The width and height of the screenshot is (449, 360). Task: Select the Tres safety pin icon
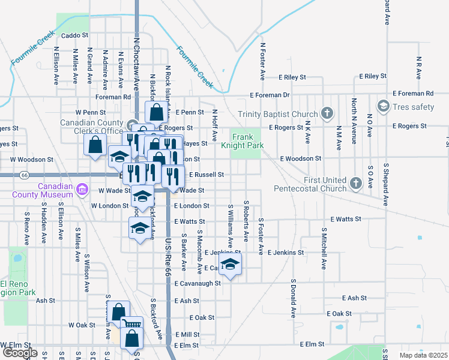(382, 107)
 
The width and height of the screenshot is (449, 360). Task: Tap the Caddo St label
(74, 36)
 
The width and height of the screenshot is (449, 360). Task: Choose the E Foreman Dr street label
(270, 95)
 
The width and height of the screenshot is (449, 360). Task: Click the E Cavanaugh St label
(197, 283)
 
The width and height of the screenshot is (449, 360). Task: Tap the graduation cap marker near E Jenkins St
(230, 265)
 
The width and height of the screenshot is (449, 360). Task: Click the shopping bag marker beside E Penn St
(156, 112)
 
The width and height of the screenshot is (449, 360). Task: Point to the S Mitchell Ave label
(324, 247)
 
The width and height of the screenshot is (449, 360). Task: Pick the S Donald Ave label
(294, 298)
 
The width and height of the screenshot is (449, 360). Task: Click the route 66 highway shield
(24, 175)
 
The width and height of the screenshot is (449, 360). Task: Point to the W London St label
(109, 205)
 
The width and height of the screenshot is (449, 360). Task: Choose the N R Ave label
(418, 68)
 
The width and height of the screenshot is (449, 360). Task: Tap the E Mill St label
(187, 334)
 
